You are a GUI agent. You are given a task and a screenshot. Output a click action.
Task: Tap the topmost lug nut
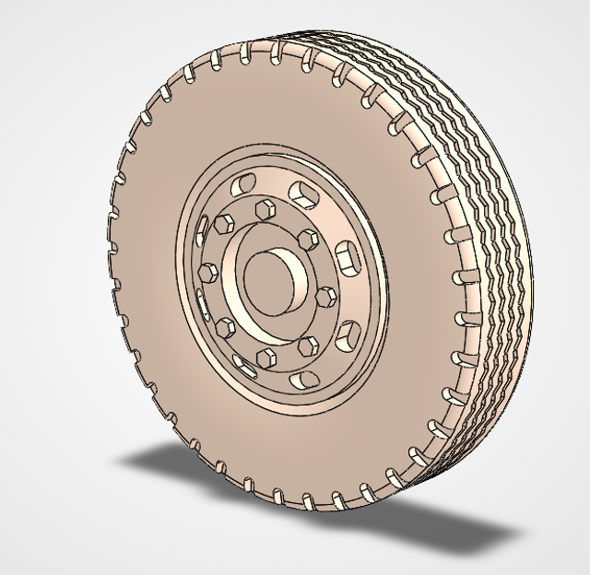click(x=265, y=205)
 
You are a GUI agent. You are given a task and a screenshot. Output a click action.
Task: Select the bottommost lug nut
click(x=265, y=357)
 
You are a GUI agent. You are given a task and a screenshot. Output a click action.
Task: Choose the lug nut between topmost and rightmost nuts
click(x=307, y=238)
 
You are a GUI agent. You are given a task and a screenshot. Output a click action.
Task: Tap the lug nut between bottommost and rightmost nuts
click(x=310, y=346)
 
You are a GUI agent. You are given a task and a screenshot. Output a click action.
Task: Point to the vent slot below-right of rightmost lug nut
click(x=347, y=333)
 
